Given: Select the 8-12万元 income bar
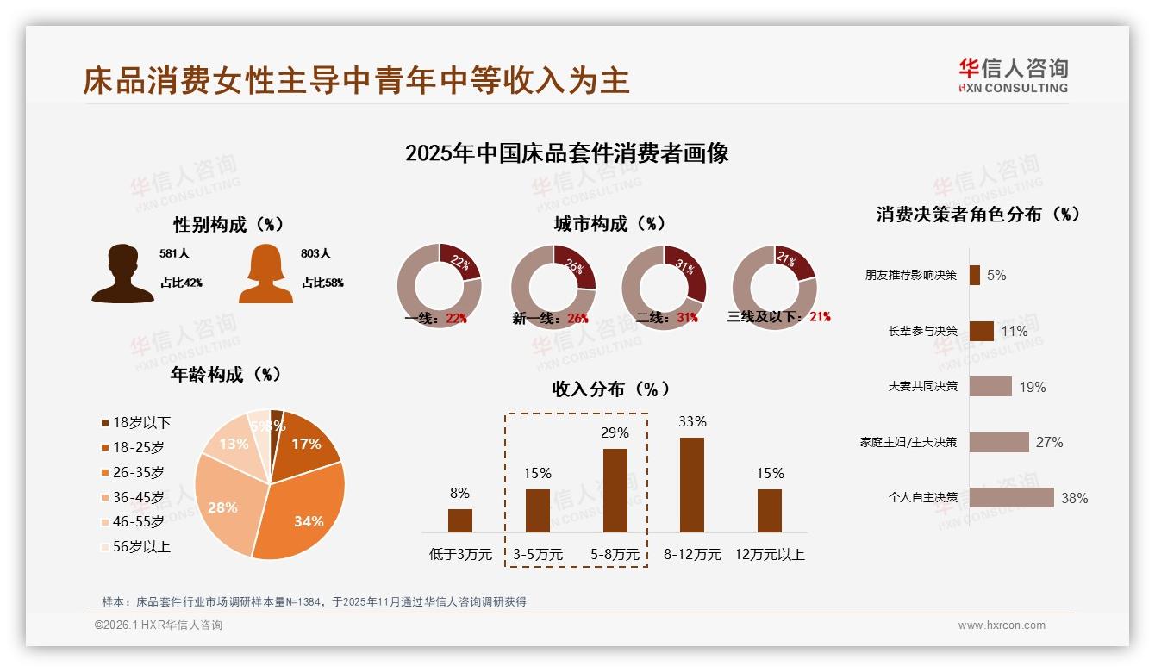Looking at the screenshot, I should pos(691,484).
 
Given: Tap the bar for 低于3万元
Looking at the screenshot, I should pos(459,520).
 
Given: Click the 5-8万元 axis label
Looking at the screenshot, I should pos(615,555).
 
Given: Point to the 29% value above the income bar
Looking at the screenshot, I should pos(615,432).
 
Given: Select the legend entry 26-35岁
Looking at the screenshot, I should pos(138,472).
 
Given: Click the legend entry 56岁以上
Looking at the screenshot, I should pos(141,546).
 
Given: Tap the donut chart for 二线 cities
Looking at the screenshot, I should pos(664,287).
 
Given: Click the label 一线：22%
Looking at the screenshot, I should pos(435,318).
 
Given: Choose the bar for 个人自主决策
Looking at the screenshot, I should pos(1011,497).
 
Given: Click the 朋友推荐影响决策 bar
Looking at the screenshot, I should pos(974,275).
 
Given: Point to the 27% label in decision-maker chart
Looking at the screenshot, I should pos(1049,442).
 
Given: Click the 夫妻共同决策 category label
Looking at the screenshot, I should pos(922,386).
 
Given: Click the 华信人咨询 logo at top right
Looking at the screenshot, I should pos(1013,75).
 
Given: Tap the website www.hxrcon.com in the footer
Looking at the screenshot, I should pos(1001,625).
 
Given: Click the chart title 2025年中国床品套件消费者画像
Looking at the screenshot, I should pos(566,153).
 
